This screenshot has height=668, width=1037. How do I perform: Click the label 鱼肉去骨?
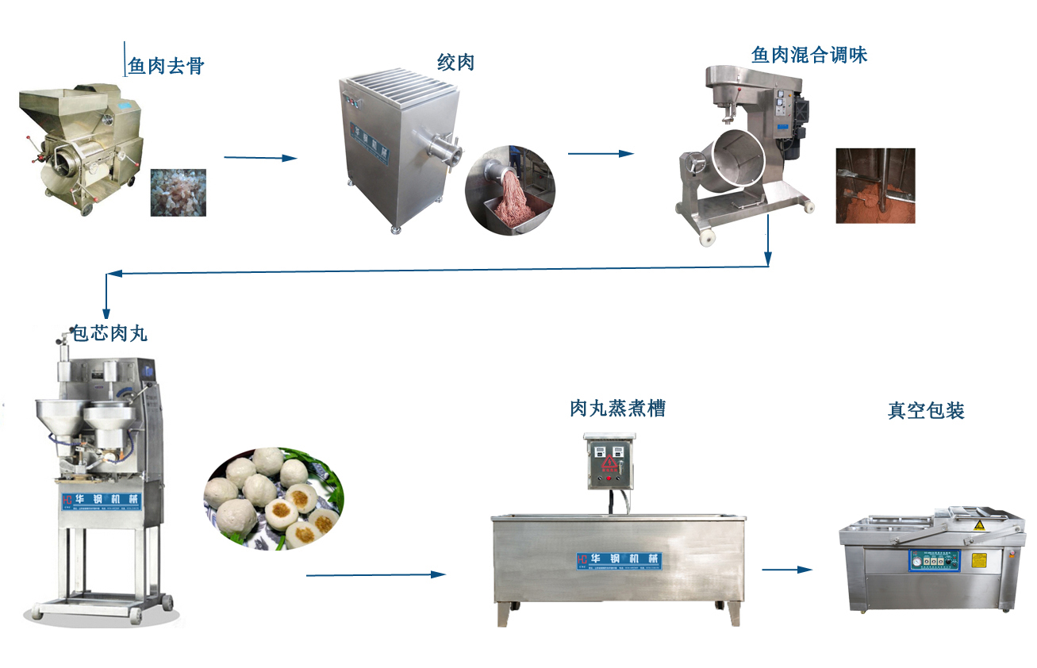166,65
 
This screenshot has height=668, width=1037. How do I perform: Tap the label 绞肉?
455,62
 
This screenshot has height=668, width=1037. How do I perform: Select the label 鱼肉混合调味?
809,55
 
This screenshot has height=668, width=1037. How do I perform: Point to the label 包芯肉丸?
109,334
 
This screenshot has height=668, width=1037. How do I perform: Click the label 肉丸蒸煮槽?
617,409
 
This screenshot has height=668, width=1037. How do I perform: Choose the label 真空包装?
926,411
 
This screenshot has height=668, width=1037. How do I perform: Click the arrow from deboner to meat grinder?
260,158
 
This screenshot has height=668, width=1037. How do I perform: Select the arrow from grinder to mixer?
601,153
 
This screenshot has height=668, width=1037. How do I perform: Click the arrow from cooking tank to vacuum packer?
787,569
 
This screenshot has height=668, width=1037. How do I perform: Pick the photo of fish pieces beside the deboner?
179,192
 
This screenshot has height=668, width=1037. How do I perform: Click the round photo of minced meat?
509,190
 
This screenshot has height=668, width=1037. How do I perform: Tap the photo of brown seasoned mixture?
875,185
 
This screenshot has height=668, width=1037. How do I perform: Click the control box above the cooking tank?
610,460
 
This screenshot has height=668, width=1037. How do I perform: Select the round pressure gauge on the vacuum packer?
919,559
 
